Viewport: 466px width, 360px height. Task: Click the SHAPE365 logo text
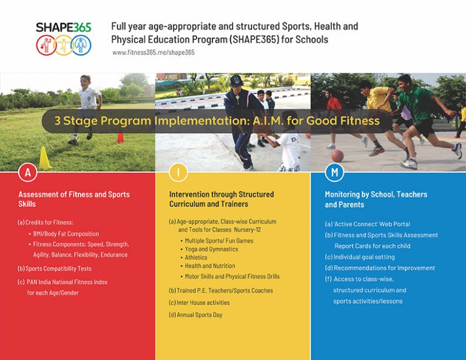tap(63, 27)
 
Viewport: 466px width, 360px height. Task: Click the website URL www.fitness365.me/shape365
tap(153, 53)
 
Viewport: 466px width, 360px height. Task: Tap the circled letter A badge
tap(27, 172)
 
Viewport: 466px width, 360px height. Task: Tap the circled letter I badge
tap(178, 172)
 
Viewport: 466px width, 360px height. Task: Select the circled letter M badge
tap(334, 172)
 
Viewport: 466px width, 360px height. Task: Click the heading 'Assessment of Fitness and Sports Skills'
tap(73, 199)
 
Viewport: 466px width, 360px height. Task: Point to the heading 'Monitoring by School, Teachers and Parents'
tap(376, 199)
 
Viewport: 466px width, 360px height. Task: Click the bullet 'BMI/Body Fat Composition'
tap(66, 234)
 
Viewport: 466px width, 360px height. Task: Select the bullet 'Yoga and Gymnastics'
tap(211, 249)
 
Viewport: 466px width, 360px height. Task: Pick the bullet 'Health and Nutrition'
tap(209, 266)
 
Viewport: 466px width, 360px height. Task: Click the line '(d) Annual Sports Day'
tap(195, 315)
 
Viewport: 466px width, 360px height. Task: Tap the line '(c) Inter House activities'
tap(199, 302)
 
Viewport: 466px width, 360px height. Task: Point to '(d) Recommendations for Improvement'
tap(380, 268)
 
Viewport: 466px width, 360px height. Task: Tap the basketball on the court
tap(337, 156)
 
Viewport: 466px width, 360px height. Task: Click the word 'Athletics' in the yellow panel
tap(197, 257)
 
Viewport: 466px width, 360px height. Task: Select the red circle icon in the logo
tap(46, 44)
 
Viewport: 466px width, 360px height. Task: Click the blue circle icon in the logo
tap(81, 44)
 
